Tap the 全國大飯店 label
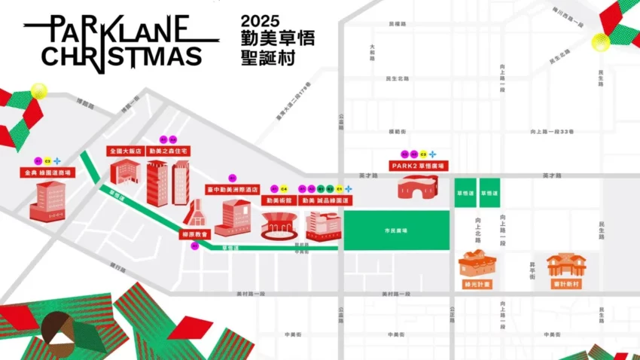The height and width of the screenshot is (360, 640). point(124,151)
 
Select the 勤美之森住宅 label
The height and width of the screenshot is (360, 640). point(168,151)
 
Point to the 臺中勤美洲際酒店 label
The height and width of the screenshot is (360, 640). point(233,191)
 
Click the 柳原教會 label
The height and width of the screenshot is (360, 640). point(195,234)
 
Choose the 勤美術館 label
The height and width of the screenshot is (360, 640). point(278,201)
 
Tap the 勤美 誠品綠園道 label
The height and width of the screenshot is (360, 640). point(325,201)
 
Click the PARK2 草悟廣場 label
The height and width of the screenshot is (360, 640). point(418,165)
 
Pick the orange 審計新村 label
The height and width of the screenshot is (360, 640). point(565,284)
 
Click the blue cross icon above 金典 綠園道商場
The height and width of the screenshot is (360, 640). point(57,160)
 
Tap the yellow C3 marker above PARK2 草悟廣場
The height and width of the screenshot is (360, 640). point(423,154)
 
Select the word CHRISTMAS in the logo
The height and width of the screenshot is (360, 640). point(121,55)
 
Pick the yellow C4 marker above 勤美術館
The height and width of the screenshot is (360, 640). point(284,188)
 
